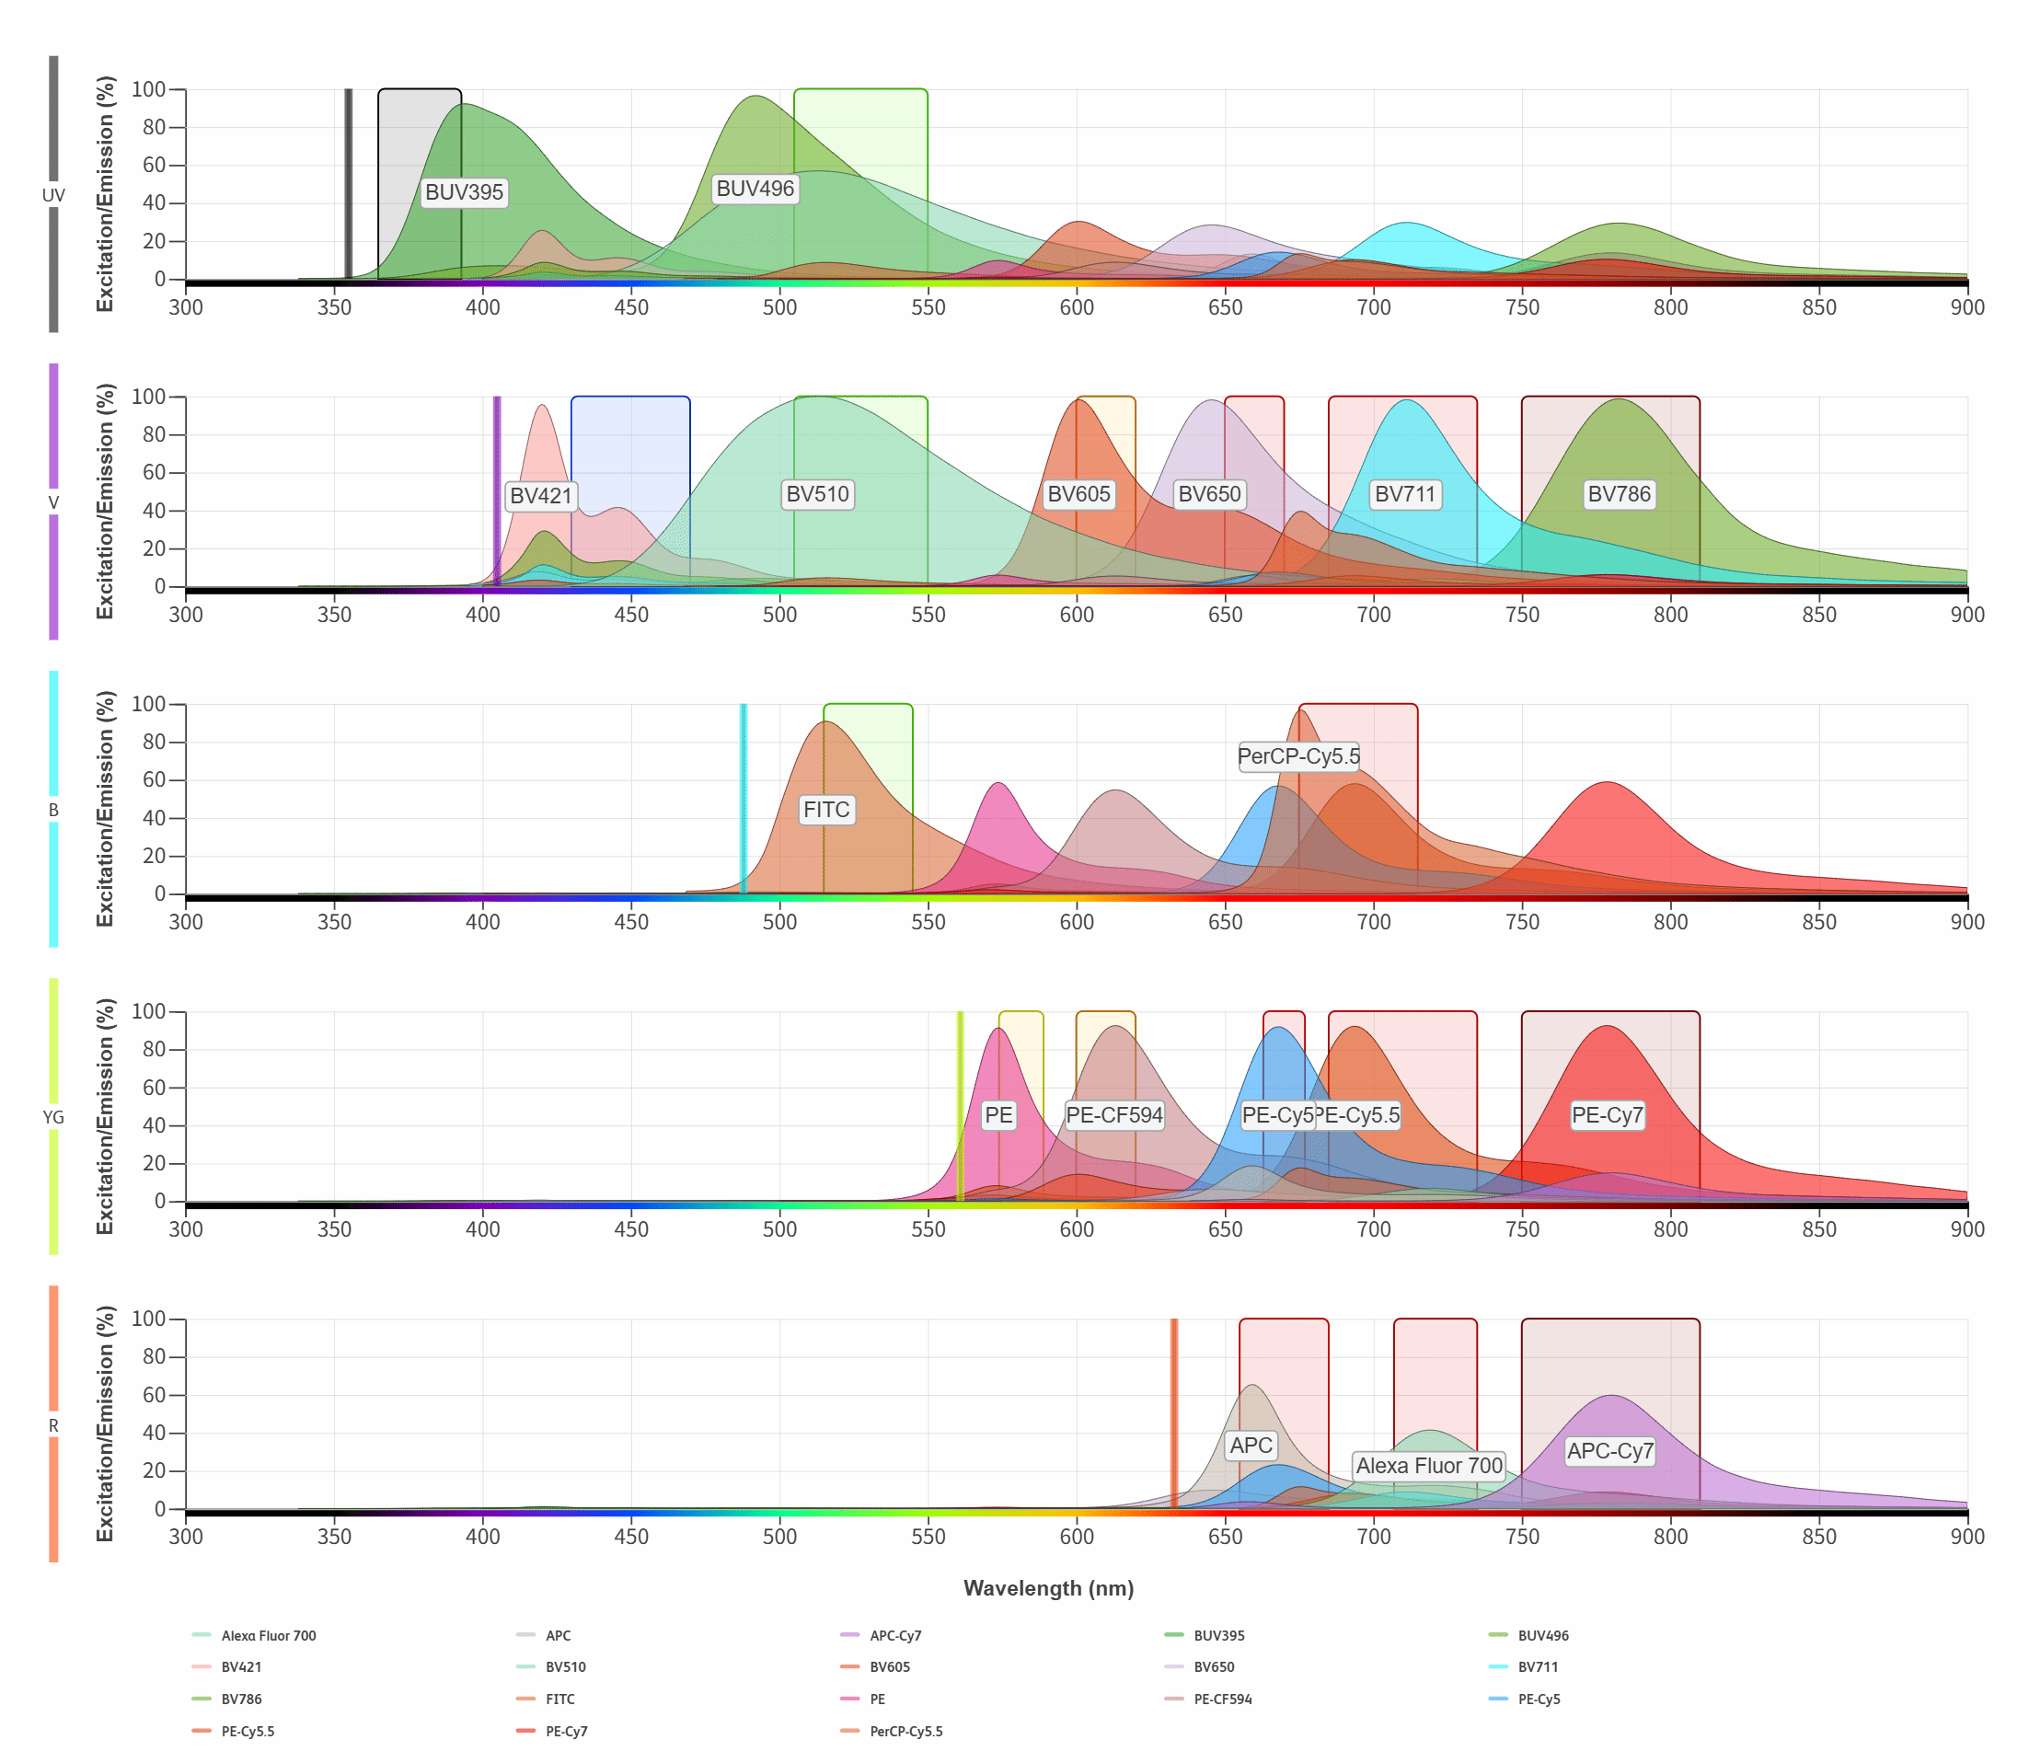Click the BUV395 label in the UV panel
pyautogui.click(x=464, y=192)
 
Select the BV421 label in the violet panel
pyautogui.click(x=541, y=495)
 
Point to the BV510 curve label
pyautogui.click(x=817, y=494)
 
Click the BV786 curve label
pyautogui.click(x=1619, y=494)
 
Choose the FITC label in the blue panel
pyautogui.click(x=825, y=810)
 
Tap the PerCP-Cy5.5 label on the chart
pyautogui.click(x=1298, y=756)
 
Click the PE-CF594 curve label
pyautogui.click(x=1114, y=1115)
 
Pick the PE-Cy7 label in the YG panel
pyautogui.click(x=1607, y=1115)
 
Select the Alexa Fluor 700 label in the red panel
pyautogui.click(x=1428, y=1466)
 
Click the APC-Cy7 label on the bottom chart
pyautogui.click(x=1609, y=1451)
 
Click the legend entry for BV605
pyautogui.click(x=889, y=1667)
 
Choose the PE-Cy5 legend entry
pyautogui.click(x=1538, y=1699)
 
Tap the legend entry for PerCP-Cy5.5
pyautogui.click(x=905, y=1732)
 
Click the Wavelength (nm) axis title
pyautogui.click(x=1048, y=1589)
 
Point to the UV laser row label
pyautogui.click(x=53, y=195)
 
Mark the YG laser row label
pyautogui.click(x=53, y=1117)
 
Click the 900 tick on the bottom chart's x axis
pyautogui.click(x=1967, y=1537)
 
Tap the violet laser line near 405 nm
pyautogui.click(x=498, y=492)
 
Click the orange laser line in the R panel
pyautogui.click(x=1173, y=1413)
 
